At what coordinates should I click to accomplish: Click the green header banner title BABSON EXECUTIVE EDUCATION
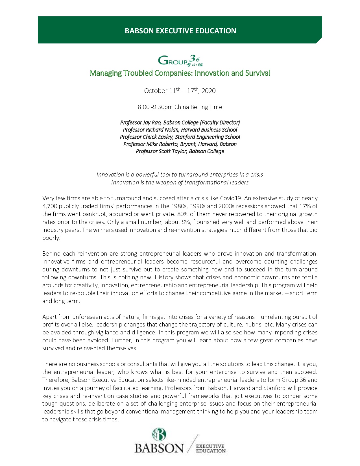pos(180,31)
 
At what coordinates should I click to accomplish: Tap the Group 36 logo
pos(180,60)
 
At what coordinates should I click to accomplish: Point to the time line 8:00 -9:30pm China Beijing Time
pos(180,107)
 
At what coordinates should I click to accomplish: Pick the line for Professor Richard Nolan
pos(180,130)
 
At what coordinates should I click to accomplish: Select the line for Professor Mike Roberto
pos(180,144)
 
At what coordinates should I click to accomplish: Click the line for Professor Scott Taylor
pos(180,151)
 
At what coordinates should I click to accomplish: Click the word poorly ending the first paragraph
pos(51,238)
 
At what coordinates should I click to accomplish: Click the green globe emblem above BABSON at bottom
pos(159,435)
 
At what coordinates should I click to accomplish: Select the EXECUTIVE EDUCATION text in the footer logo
pos(210,448)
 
